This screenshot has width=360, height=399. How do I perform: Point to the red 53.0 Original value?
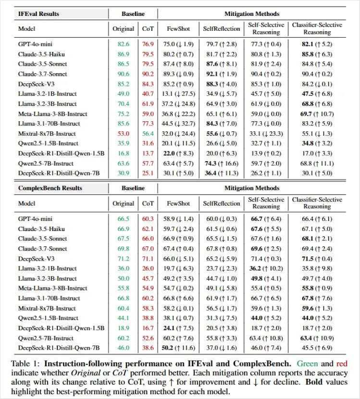tap(123, 134)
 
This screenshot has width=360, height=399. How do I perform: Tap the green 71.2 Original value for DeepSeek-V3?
tap(123, 258)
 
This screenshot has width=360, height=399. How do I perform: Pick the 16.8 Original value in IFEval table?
tap(123, 153)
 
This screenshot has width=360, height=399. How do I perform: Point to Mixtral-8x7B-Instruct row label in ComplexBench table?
tap(47, 307)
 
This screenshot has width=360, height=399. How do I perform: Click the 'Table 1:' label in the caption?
tap(25, 364)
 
